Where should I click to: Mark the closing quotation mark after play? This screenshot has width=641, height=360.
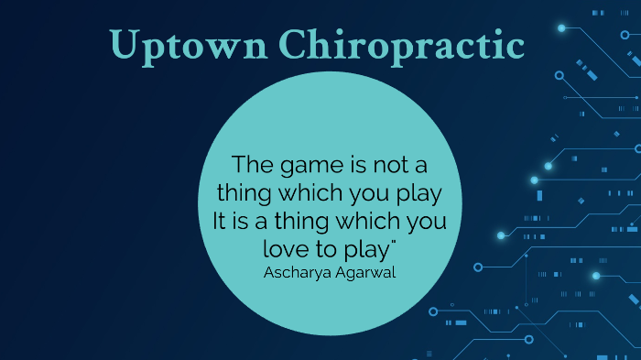[396, 243]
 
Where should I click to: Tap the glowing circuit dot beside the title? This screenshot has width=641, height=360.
[561, 28]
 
